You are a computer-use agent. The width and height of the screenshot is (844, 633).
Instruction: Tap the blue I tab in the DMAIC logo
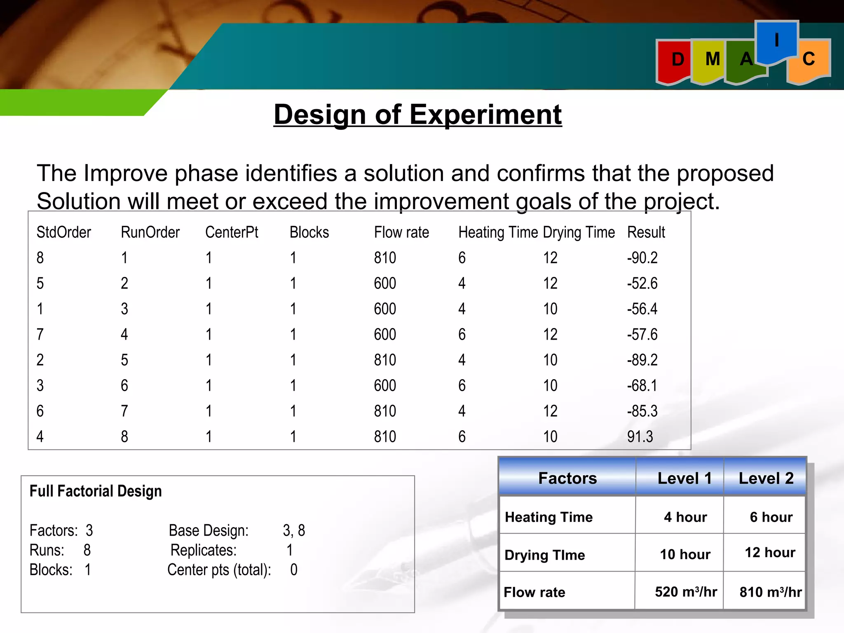(777, 41)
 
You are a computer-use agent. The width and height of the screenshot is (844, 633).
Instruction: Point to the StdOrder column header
(63, 232)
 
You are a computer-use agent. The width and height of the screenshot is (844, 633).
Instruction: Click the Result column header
(646, 232)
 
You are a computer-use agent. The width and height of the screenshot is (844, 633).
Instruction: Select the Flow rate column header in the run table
(401, 232)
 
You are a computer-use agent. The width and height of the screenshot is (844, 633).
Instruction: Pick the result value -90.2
(642, 258)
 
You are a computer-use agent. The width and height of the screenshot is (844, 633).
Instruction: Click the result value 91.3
(640, 436)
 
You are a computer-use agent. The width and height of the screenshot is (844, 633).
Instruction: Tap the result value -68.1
(642, 386)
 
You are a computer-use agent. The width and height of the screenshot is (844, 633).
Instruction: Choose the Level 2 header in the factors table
(766, 478)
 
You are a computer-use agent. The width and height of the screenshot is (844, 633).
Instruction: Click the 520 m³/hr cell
(686, 592)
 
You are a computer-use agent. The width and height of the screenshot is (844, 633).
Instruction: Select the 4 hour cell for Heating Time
(685, 517)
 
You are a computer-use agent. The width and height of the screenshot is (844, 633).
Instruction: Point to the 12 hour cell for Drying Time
(770, 553)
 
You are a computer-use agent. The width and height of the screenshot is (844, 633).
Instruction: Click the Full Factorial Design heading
(96, 491)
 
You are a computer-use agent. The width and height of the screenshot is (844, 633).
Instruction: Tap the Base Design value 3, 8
(294, 530)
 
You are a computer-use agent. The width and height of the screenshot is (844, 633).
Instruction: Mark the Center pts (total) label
(219, 570)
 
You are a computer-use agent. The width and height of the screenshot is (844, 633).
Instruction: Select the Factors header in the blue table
(567, 478)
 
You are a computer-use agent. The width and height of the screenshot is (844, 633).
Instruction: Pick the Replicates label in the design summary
(204, 550)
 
